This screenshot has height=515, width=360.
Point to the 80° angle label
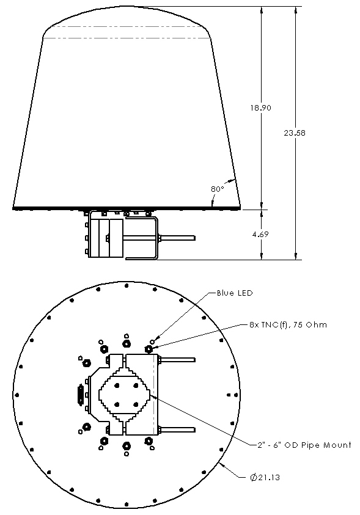217,189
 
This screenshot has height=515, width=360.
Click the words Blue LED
235,293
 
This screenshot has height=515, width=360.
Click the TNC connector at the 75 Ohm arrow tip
149,348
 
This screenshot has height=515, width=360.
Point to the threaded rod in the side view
177,237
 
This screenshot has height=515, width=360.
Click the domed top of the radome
127,18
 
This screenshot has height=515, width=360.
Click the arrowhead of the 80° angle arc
233,180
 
